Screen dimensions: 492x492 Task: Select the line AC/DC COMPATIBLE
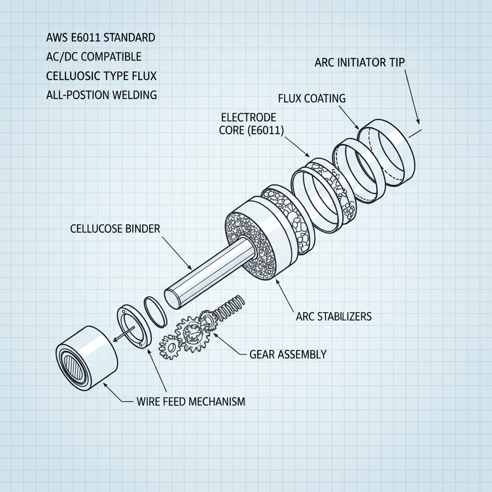94,56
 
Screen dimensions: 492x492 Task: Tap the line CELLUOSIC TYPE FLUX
101,75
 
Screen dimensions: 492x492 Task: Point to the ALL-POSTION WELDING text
101,95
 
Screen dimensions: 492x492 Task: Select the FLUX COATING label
311,98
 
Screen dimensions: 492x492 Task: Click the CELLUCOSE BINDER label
115,229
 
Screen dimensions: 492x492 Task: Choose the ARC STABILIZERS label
333,317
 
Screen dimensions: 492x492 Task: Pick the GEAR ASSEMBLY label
287,355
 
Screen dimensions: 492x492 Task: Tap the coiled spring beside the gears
230,307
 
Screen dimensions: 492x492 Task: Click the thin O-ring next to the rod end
156,313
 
